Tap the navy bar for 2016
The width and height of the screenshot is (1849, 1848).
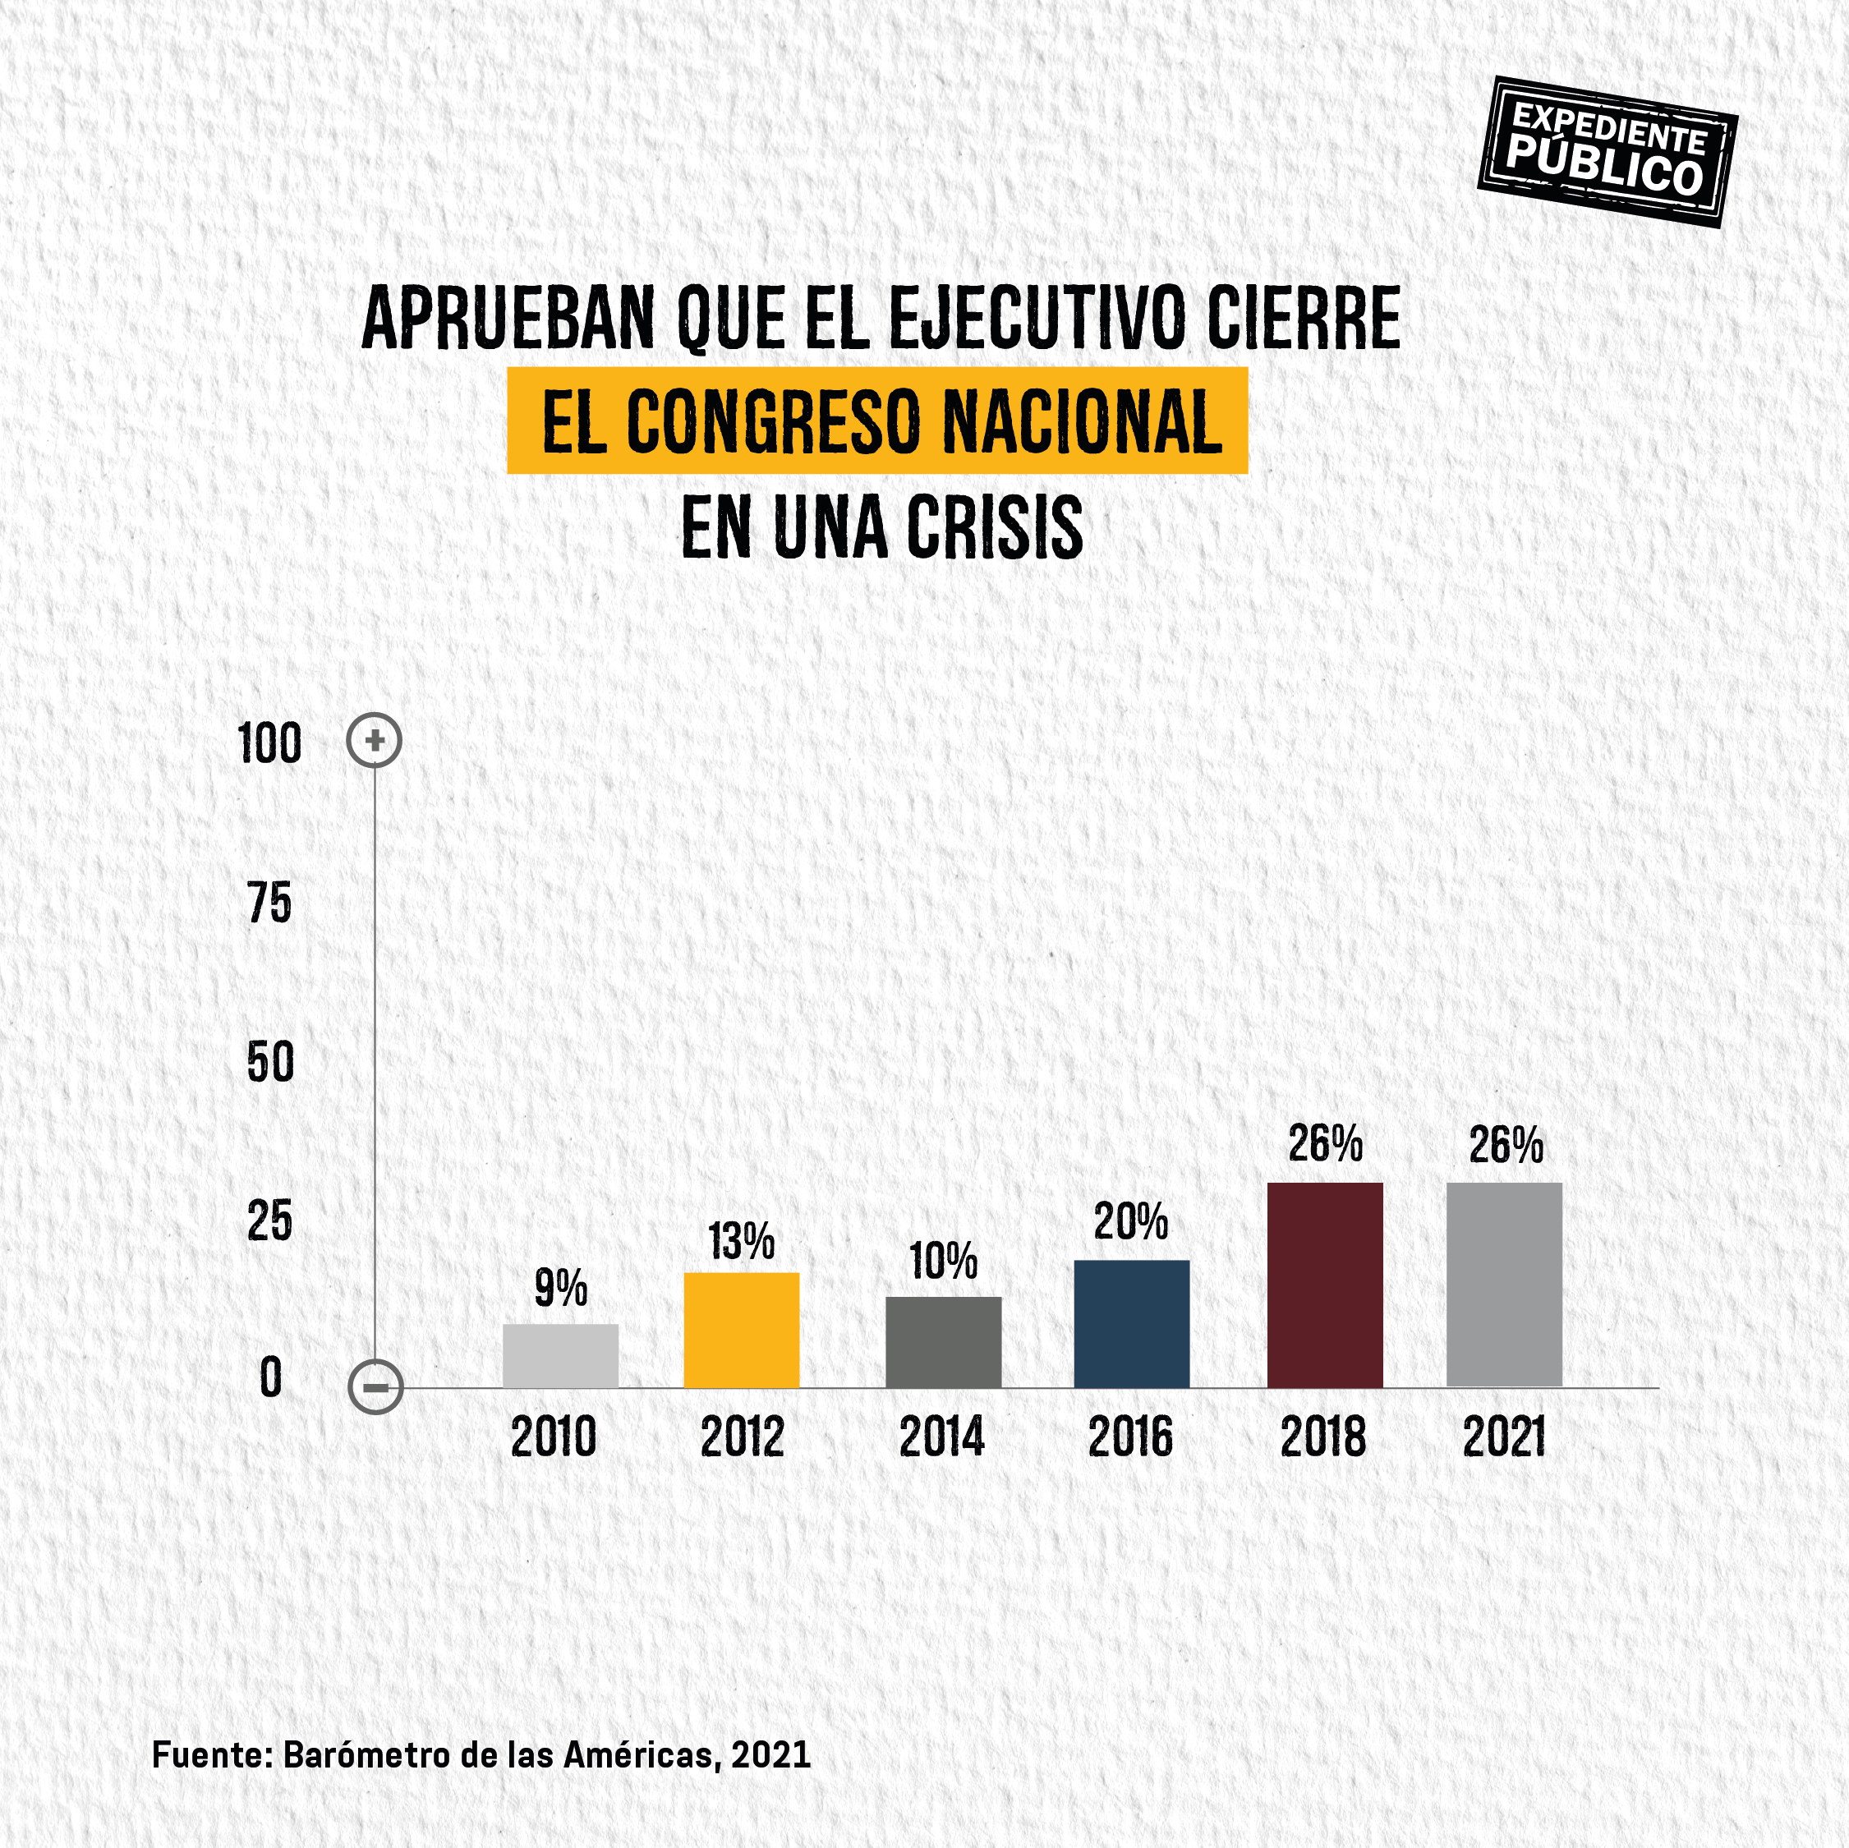coord(1131,1323)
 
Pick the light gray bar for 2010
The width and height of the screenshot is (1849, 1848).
coord(560,1355)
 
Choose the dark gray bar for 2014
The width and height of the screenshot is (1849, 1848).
coord(943,1342)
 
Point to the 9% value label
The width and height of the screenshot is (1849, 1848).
coord(561,1288)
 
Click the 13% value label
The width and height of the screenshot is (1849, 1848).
coord(742,1241)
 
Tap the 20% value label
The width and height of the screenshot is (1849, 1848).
coord(1131,1222)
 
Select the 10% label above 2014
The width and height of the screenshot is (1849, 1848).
coord(944,1261)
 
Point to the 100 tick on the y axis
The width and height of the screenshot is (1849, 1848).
coord(270,743)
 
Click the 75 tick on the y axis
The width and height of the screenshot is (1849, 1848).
coord(270,903)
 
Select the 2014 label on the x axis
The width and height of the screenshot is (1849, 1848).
coord(941,1437)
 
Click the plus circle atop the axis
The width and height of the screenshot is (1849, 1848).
coord(375,741)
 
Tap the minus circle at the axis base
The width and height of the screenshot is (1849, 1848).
coord(375,1386)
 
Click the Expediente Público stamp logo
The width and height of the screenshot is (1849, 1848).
coord(1607,151)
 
